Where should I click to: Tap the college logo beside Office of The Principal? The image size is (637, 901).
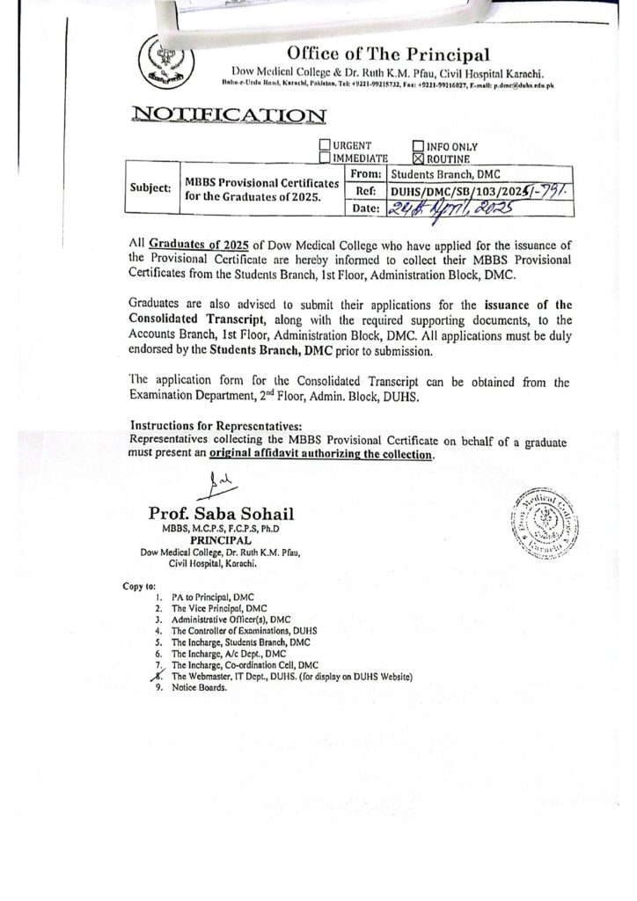click(x=162, y=60)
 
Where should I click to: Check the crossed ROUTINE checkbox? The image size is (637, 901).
click(x=418, y=158)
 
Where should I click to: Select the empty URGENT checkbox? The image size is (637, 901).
click(x=326, y=145)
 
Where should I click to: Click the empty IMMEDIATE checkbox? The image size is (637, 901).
click(x=326, y=158)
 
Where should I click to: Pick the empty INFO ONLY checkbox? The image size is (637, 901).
click(x=418, y=145)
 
